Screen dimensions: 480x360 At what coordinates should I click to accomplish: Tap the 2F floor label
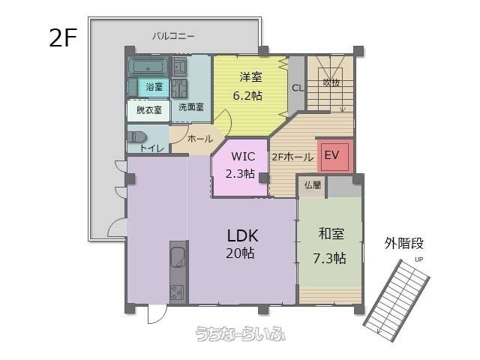[x=63, y=38]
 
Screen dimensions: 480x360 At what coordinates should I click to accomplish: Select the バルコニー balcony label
[x=173, y=37]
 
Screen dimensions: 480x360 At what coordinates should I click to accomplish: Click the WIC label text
[x=243, y=157]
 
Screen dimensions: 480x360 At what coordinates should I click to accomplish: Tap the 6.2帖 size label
[x=247, y=96]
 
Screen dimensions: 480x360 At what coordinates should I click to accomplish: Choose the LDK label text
[x=242, y=235]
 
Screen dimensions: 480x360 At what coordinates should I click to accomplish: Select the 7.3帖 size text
[x=330, y=258]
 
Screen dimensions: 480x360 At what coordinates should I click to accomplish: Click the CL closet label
[x=298, y=88]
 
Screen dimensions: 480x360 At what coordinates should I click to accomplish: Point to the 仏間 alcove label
[x=313, y=185]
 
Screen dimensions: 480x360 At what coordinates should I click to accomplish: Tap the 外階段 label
[x=403, y=244]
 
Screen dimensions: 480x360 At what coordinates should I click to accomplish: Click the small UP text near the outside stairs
[x=418, y=259]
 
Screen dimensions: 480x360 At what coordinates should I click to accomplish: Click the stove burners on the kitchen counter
[x=177, y=292]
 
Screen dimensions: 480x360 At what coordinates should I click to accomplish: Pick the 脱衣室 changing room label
[x=148, y=110]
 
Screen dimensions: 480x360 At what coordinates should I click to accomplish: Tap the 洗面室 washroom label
[x=191, y=107]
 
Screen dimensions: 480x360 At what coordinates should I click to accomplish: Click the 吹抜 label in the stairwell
[x=331, y=82]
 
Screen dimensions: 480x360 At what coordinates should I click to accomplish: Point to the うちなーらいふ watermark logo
[x=241, y=334]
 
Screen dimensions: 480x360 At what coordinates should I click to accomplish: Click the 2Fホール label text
[x=292, y=157]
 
